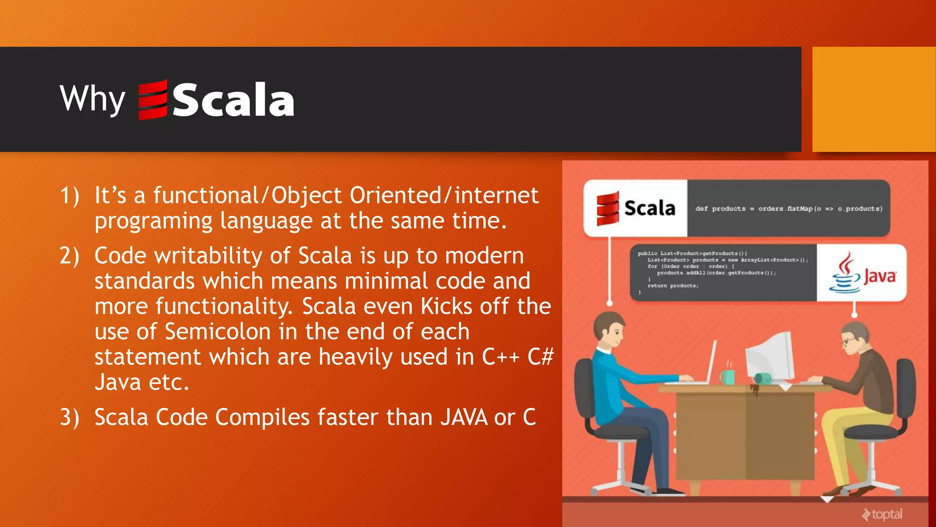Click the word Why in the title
(92, 98)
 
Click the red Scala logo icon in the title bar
(153, 100)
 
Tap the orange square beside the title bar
(873, 99)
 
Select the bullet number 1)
(69, 196)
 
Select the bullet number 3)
(69, 418)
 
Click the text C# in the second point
(540, 357)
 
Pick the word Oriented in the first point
(395, 196)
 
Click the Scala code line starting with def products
(788, 209)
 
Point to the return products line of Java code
(672, 286)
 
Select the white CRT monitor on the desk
(771, 357)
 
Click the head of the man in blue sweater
(609, 330)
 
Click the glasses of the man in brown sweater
(849, 341)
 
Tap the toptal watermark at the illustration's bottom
(883, 514)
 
